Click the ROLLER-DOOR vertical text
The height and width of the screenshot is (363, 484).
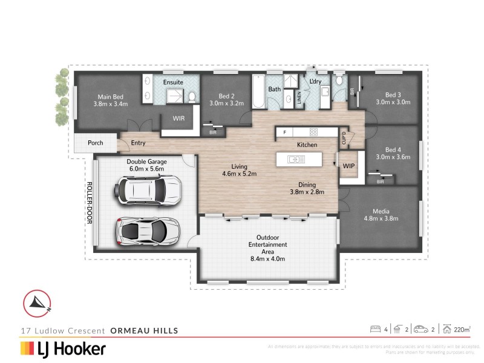click(88, 203)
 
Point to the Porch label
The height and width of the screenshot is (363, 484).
click(95, 143)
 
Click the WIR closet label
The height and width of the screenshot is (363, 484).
click(178, 119)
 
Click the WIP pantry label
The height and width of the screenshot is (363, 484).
click(348, 165)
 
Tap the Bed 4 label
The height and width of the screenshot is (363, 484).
click(393, 149)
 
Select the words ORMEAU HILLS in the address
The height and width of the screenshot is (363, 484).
click(144, 330)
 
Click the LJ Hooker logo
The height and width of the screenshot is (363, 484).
click(63, 348)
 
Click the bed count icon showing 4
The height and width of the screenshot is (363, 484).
click(375, 329)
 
